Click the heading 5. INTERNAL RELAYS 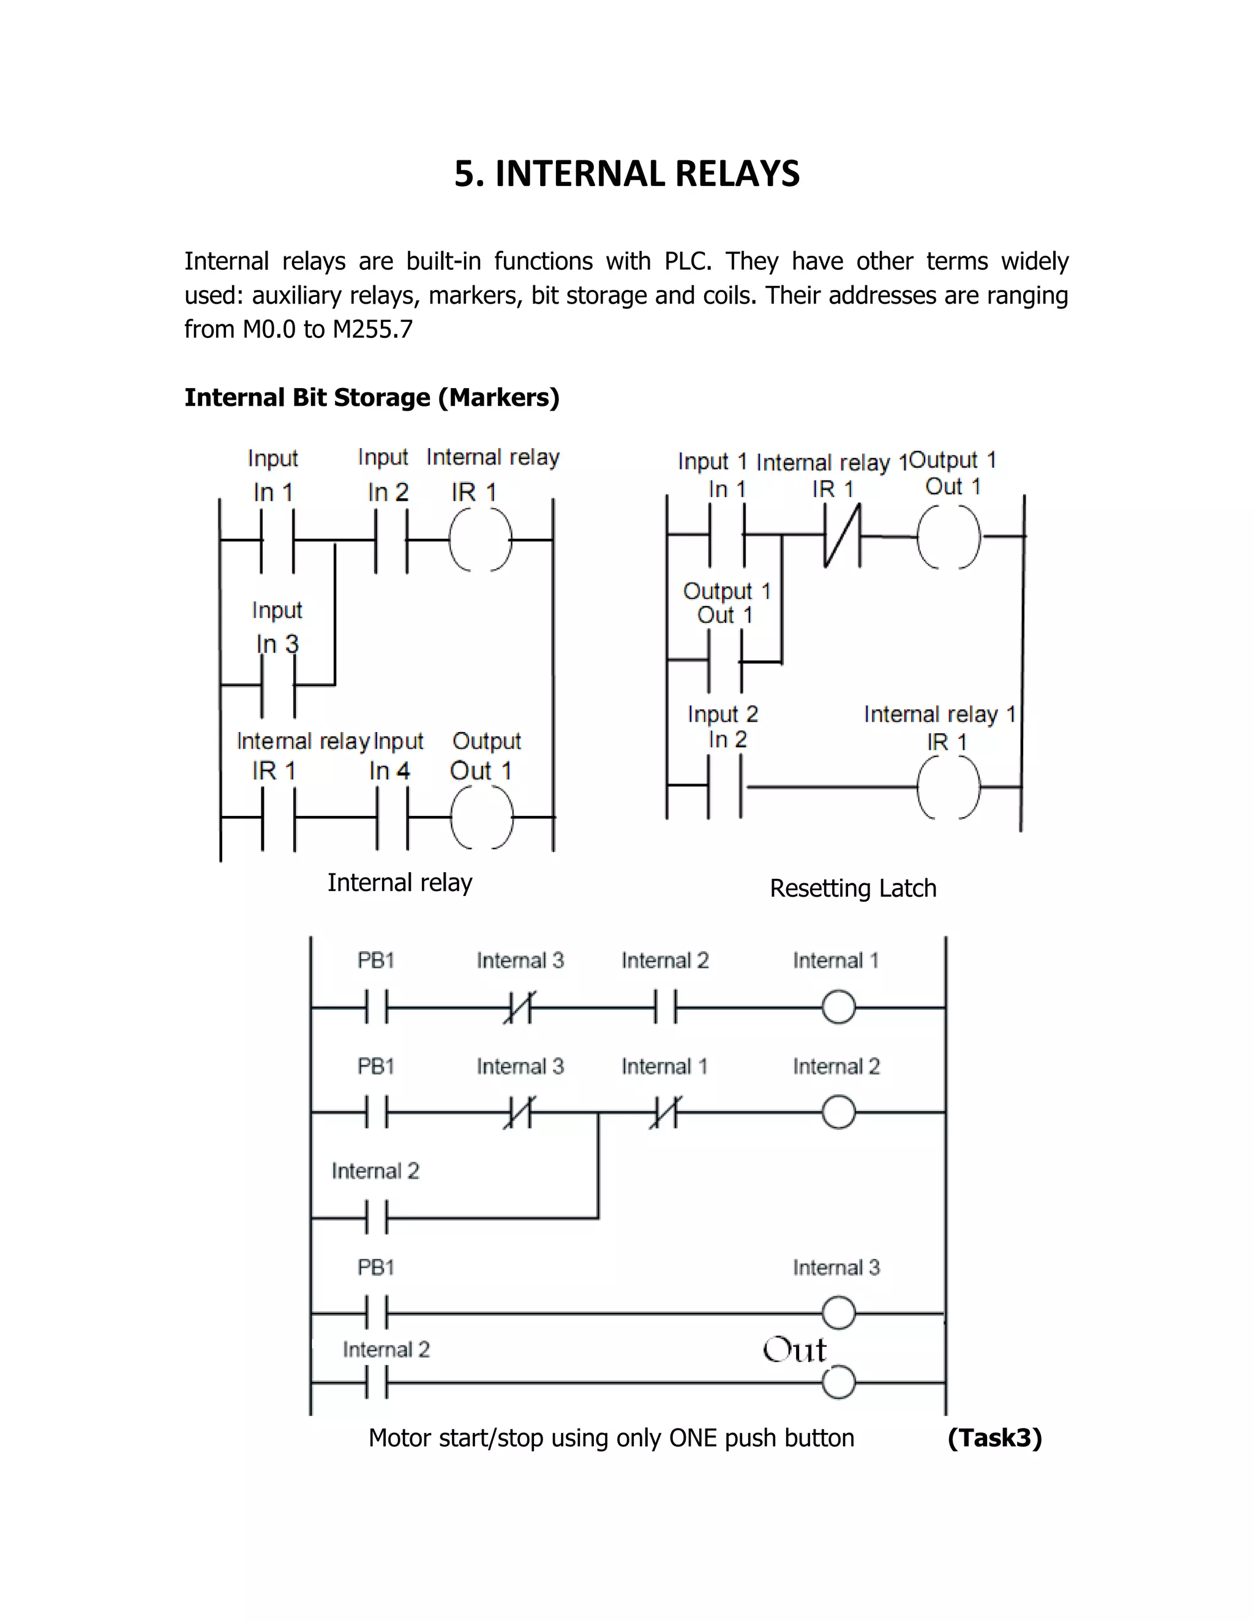(627, 174)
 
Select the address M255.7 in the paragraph (372, 329)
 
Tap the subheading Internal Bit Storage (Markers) (372, 397)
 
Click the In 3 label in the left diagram (277, 644)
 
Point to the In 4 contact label (389, 771)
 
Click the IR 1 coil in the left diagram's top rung (480, 540)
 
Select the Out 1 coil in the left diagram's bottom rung (481, 817)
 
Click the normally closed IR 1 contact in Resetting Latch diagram (842, 536)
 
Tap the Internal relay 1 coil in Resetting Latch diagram (948, 787)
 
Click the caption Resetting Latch (853, 888)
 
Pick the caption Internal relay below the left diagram (400, 882)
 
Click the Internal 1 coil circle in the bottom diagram (839, 1008)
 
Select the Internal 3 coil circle (839, 1313)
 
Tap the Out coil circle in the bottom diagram (839, 1383)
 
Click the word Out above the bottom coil (794, 1350)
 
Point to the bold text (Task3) (995, 1438)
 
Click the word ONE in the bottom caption (693, 1438)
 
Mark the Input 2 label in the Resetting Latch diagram (723, 714)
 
